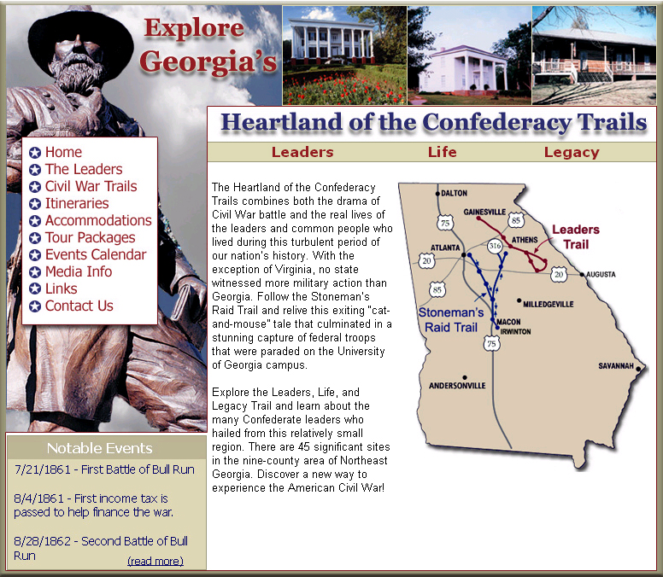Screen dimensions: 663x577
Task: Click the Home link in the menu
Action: pos(63,152)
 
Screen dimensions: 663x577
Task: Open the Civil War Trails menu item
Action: pos(91,186)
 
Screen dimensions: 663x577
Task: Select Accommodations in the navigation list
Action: pos(98,220)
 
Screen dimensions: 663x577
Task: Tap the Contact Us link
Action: pos(79,306)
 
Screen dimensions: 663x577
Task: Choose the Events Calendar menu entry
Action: pos(96,254)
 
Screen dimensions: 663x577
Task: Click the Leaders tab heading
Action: pos(302,152)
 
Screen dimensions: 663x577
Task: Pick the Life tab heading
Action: pos(442,152)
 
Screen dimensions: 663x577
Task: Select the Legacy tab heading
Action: pos(572,153)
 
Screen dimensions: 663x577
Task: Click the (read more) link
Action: pos(155,561)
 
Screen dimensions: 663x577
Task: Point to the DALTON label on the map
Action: pos(455,193)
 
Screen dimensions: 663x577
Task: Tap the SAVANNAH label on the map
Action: pos(616,366)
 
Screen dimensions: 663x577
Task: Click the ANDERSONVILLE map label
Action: pos(457,385)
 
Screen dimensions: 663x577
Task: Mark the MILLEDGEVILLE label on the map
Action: pos(548,304)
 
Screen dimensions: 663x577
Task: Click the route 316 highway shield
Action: pos(495,246)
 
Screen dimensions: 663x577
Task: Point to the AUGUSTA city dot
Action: pos(582,275)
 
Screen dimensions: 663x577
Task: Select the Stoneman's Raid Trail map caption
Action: pos(451,320)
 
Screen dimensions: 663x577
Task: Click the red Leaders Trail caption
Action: pos(576,237)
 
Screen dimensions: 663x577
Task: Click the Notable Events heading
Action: pos(99,448)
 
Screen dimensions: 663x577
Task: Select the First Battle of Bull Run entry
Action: pos(104,469)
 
